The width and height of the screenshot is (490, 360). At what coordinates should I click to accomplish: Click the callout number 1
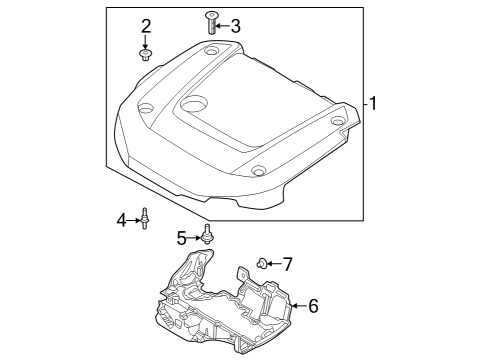coord(373,103)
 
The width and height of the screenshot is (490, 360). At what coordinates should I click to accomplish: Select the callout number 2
coord(146,26)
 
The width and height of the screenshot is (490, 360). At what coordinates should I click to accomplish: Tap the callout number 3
coord(236,26)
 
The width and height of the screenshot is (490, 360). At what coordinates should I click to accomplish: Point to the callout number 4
coord(122,220)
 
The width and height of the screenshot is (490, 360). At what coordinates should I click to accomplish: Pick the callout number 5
coord(182,238)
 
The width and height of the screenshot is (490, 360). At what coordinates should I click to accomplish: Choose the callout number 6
coord(313,306)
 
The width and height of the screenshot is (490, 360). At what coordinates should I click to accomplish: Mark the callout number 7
coord(287,264)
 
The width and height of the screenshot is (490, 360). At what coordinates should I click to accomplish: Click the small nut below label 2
coord(145,55)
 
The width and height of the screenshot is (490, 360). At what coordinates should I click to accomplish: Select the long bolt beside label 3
coord(211,22)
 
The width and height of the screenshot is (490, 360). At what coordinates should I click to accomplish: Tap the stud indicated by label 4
coord(145,218)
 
